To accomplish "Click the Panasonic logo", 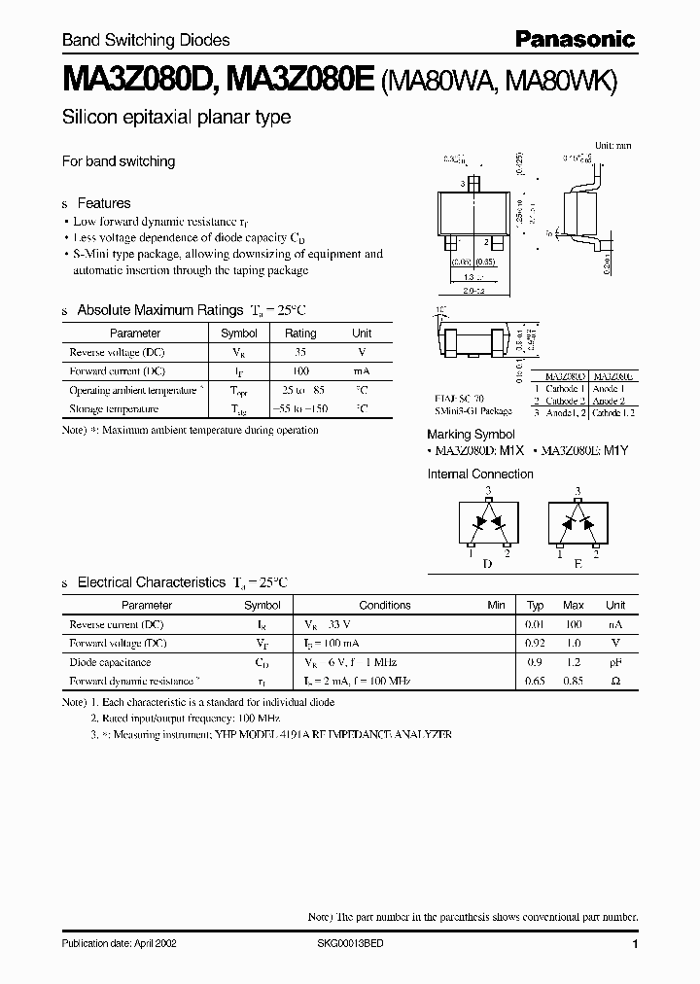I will point(574,40).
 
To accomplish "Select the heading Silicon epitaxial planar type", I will point(176,118).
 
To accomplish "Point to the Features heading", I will point(103,203).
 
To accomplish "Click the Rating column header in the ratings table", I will point(299,333).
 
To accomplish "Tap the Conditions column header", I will point(385,605).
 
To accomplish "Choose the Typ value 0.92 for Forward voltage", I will point(535,643).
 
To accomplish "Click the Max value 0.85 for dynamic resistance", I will point(574,682).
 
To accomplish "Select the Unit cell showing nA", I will point(615,624).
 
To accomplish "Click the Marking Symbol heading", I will point(471,434).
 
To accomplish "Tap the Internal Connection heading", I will point(480,474).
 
